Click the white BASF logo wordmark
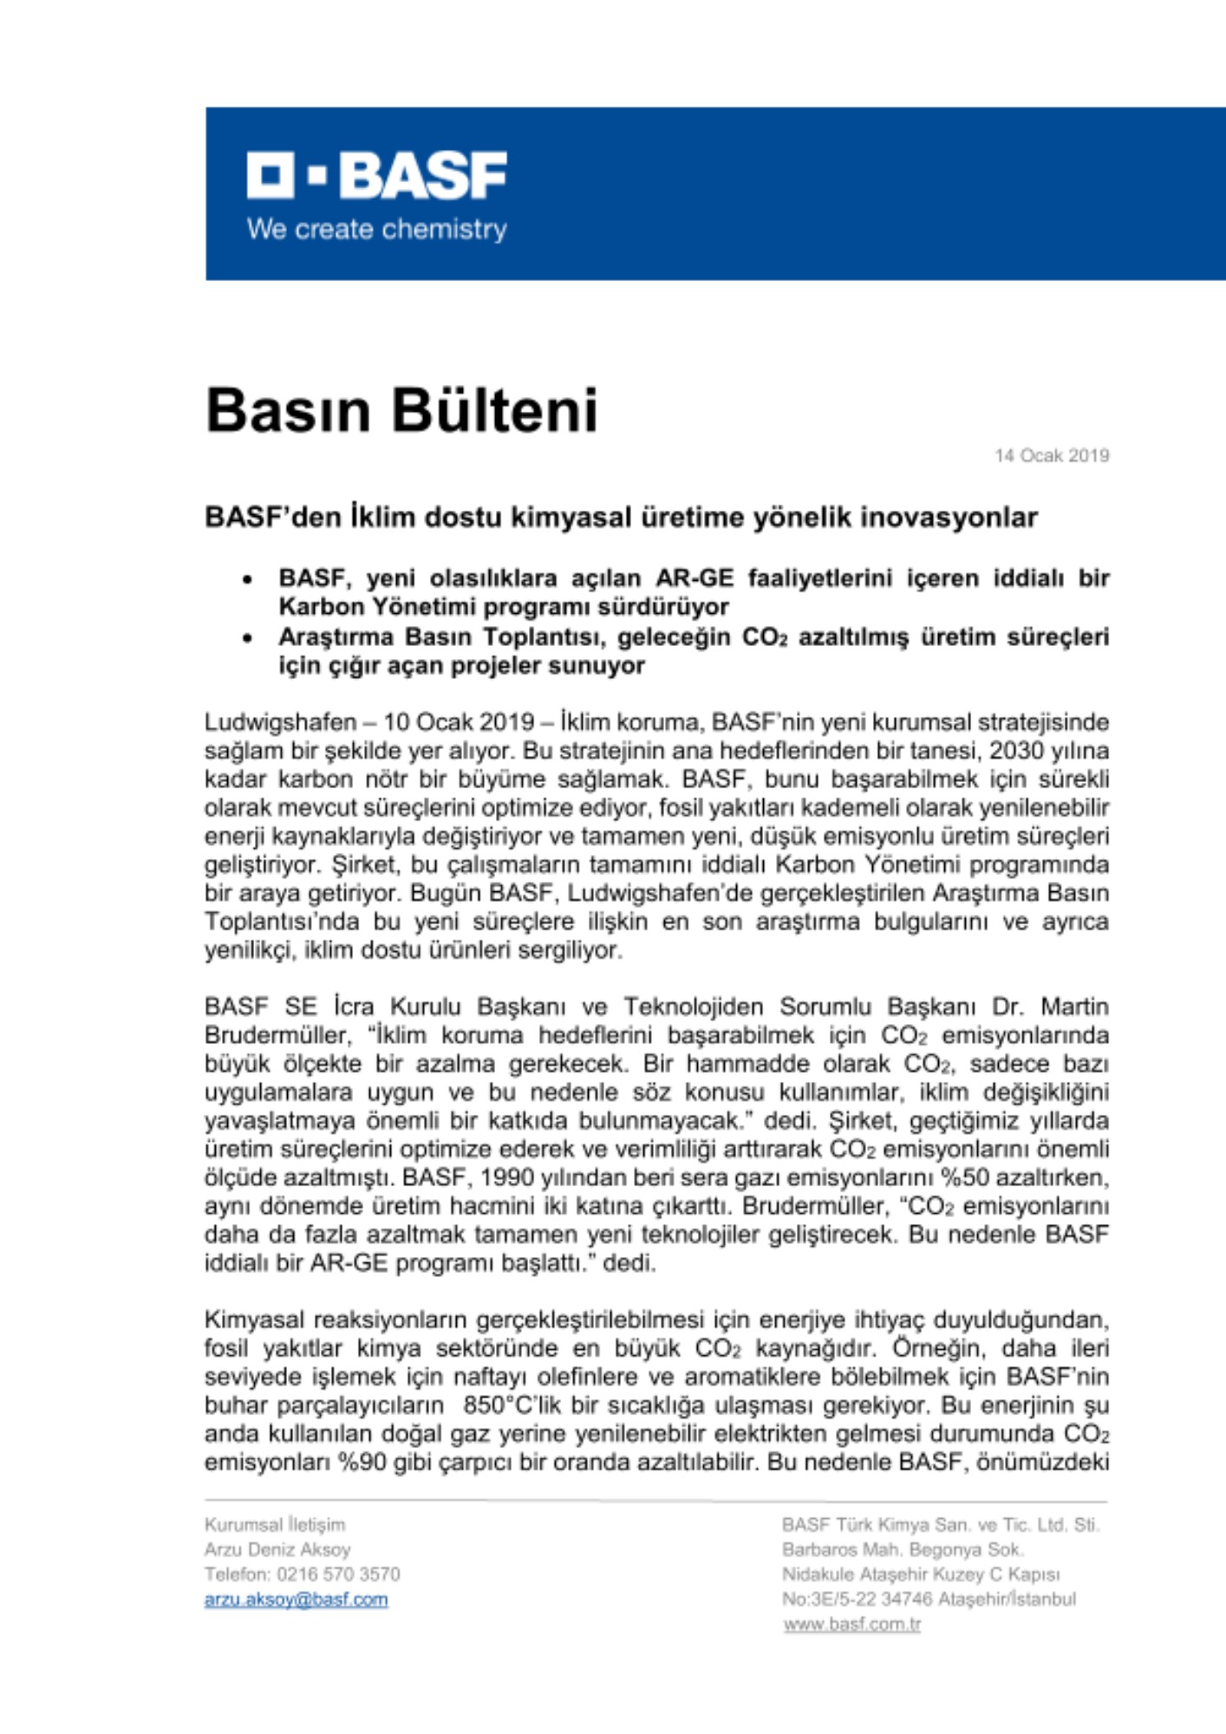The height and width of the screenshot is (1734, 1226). point(376,175)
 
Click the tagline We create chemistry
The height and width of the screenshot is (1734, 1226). point(376,230)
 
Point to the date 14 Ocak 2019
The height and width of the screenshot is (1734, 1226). point(1051,455)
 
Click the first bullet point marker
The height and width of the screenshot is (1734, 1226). point(248,579)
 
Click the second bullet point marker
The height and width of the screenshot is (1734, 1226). point(248,638)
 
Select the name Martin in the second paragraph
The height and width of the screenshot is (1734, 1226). point(1074,1007)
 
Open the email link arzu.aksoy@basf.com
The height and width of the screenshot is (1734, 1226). point(296,1599)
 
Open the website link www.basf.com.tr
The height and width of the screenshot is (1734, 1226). point(851,1624)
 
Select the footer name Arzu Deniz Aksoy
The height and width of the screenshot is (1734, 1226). point(277,1549)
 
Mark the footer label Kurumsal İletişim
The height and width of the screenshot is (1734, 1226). point(275,1524)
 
